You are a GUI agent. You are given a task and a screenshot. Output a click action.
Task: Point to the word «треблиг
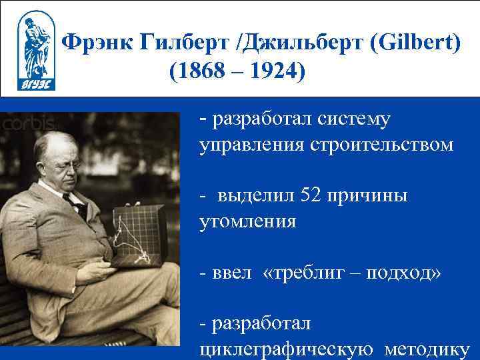(x=305, y=273)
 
